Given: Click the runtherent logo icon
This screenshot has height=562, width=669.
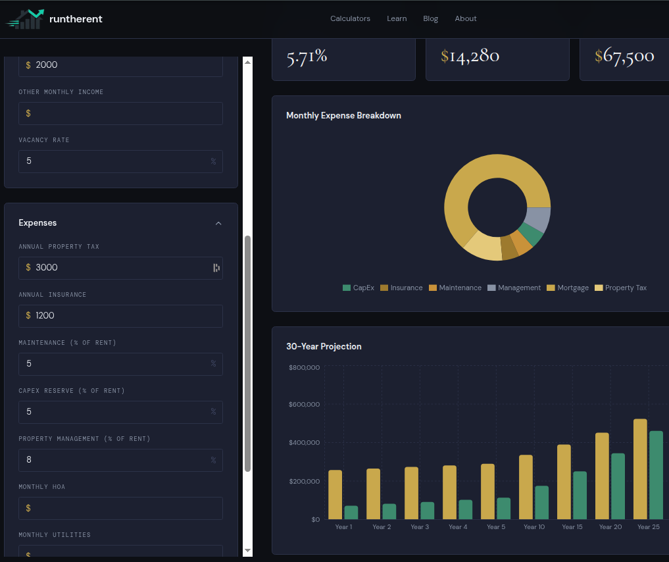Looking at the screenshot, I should click(25, 19).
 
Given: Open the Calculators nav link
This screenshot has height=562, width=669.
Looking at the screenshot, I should click(350, 18).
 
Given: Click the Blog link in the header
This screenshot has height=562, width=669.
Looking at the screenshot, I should click(430, 18).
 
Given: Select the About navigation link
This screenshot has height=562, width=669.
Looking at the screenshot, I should click(465, 18).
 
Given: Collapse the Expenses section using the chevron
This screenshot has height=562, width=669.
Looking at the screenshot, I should click(218, 223).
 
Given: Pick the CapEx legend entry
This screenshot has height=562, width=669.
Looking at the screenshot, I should click(359, 288).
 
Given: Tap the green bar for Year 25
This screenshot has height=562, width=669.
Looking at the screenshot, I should click(656, 475).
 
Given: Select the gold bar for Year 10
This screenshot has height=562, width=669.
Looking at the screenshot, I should click(526, 487).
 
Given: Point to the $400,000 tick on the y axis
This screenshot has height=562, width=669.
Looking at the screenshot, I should click(304, 443).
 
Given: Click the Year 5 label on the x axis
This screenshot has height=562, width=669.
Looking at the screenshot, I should click(496, 526).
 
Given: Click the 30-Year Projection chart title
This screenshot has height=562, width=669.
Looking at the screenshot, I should click(324, 346).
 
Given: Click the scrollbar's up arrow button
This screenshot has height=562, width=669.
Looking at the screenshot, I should click(248, 62).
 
